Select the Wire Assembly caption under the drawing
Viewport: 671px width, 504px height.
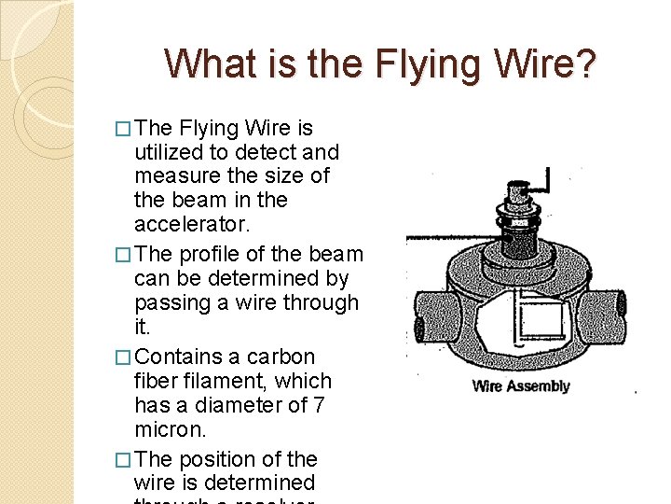pyautogui.click(x=520, y=385)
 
